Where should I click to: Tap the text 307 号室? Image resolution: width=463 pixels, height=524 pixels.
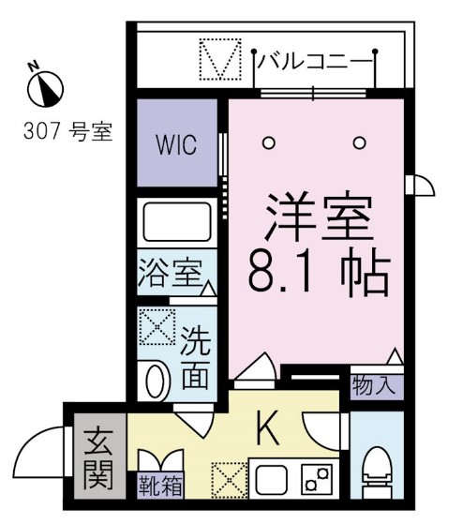[67, 132]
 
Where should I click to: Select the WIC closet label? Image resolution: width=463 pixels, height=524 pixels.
[176, 147]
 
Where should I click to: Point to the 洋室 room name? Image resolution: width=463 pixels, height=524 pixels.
[319, 218]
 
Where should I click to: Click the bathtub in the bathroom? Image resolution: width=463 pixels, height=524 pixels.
[178, 226]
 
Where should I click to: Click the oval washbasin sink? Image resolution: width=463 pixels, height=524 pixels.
[158, 382]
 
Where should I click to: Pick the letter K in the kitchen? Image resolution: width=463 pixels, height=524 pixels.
[267, 431]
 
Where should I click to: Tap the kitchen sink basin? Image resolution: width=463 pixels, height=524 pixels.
[270, 481]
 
